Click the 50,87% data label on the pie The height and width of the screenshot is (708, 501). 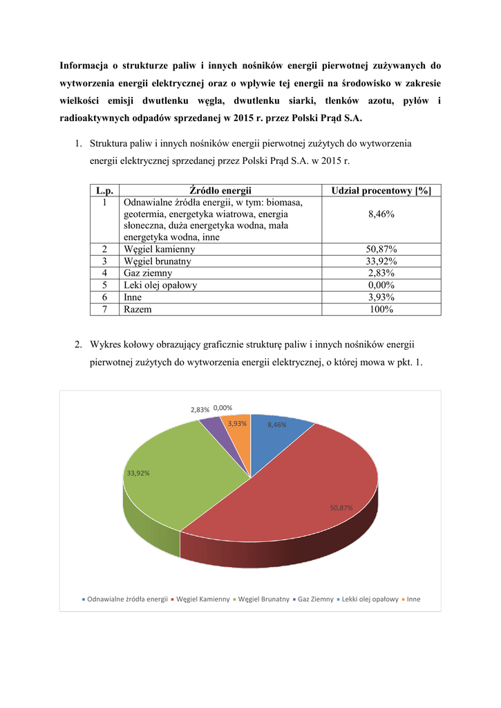341,507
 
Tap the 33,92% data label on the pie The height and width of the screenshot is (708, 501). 138,473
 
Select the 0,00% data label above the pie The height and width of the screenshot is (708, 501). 223,409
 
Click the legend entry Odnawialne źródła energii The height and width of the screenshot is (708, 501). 127,599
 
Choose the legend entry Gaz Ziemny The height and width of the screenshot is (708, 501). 315,599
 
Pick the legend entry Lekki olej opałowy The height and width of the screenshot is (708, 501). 370,599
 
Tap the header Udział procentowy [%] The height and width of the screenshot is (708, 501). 381,190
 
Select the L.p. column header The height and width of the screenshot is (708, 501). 104,190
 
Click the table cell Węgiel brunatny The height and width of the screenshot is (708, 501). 158,261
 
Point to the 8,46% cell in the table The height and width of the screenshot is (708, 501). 381,214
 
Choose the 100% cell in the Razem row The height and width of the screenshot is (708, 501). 381,309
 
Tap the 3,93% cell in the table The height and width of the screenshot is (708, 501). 381,297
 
